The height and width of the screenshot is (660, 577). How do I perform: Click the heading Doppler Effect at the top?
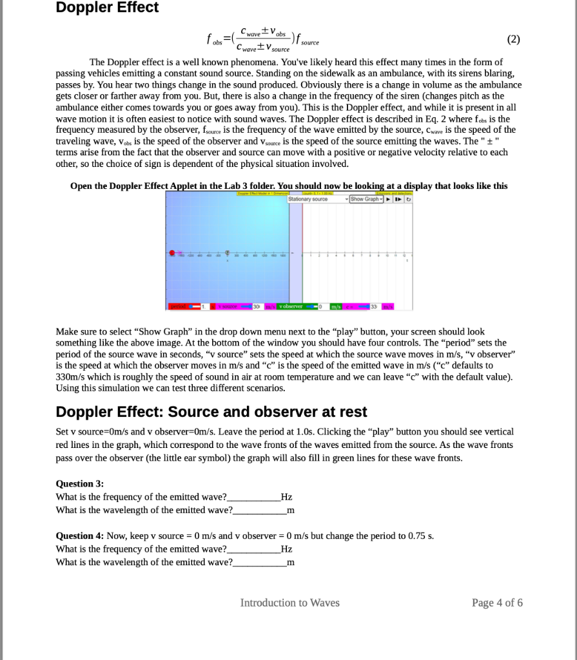coord(107,8)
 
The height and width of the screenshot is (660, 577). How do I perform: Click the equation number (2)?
coord(513,39)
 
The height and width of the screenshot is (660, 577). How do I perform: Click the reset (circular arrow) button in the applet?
coord(409,199)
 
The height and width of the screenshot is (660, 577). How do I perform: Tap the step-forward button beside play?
coord(398,199)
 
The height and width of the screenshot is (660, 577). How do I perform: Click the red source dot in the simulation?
coord(172,253)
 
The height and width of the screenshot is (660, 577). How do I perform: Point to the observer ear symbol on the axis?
coord(227,253)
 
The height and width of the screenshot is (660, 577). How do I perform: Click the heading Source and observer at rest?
coord(211,412)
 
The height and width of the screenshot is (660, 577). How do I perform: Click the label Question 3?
coord(80,483)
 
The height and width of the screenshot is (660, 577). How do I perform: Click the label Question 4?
coord(80,536)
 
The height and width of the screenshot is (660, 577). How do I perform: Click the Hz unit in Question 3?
coord(287,497)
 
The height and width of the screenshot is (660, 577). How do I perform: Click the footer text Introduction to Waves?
coord(289,603)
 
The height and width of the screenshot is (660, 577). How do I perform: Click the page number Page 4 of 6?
coord(497,603)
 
